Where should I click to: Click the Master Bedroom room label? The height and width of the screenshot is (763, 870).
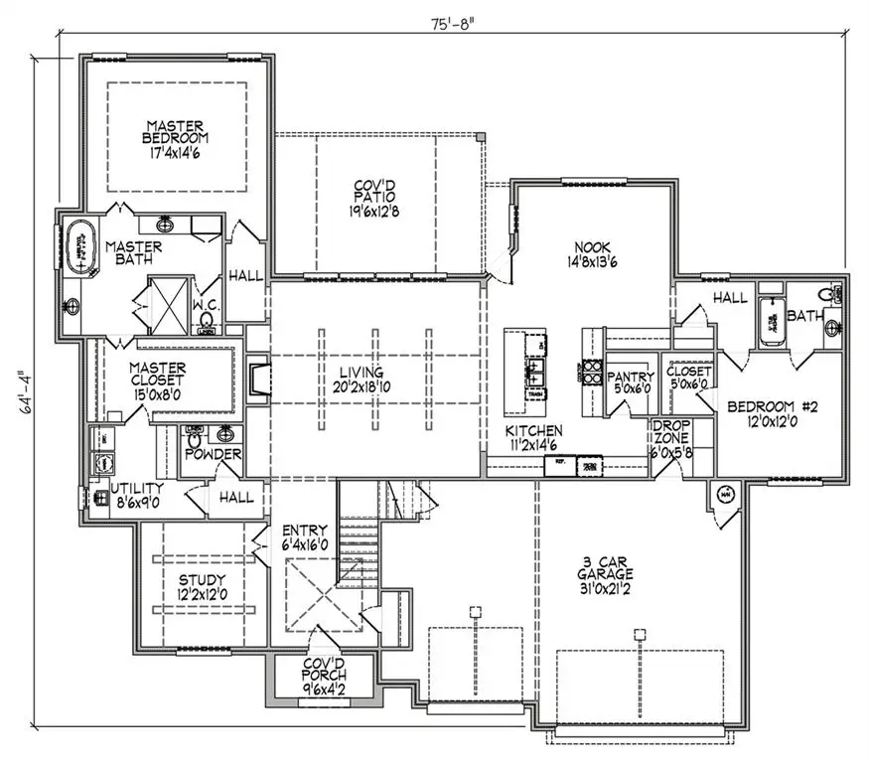pos(176,132)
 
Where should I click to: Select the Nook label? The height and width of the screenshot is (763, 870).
pos(591,247)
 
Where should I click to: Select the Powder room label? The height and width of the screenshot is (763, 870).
pos(213,454)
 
